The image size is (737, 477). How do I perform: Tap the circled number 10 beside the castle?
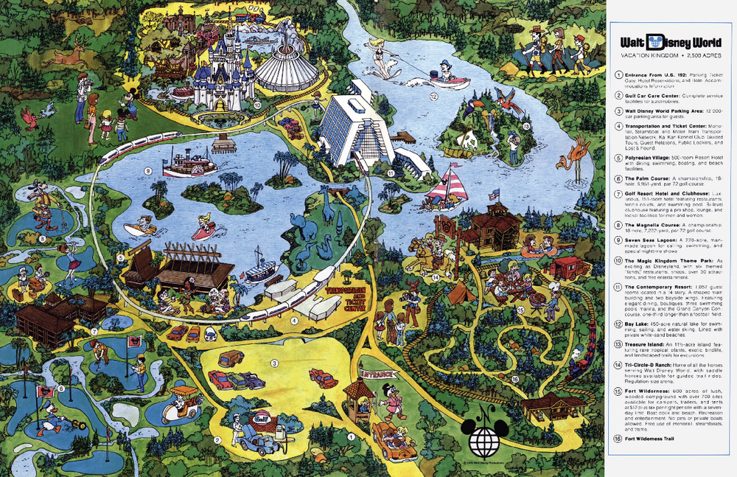(257, 105)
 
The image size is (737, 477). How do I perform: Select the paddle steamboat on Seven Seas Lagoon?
(189, 164)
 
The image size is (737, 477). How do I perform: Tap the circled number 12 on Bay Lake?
(434, 96)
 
